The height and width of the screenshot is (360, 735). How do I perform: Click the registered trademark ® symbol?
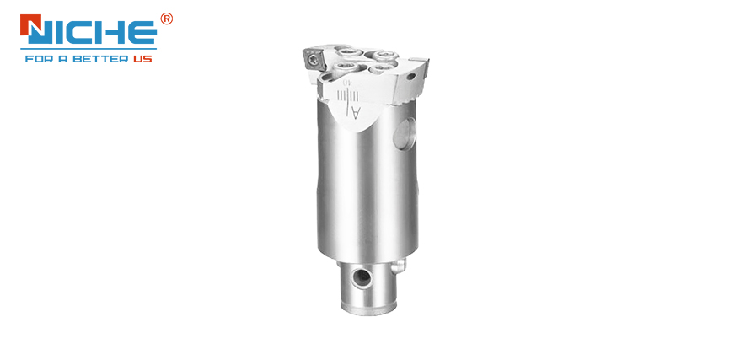166,19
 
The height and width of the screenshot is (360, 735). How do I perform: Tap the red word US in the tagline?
142,59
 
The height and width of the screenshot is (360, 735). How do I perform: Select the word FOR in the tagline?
38,59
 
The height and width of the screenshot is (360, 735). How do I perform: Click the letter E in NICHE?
142,32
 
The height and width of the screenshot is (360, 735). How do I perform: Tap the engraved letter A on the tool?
357,111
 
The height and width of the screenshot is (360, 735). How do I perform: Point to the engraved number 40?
347,83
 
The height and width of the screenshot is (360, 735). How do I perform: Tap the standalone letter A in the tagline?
68,59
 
